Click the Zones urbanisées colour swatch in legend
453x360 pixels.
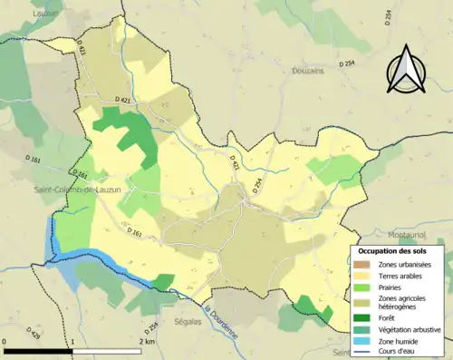pos(360,263)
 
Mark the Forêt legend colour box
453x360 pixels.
pos(360,318)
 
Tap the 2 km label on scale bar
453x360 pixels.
pos(146,342)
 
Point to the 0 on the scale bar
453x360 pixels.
pos(5,342)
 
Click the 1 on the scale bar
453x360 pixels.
pos(72,342)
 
